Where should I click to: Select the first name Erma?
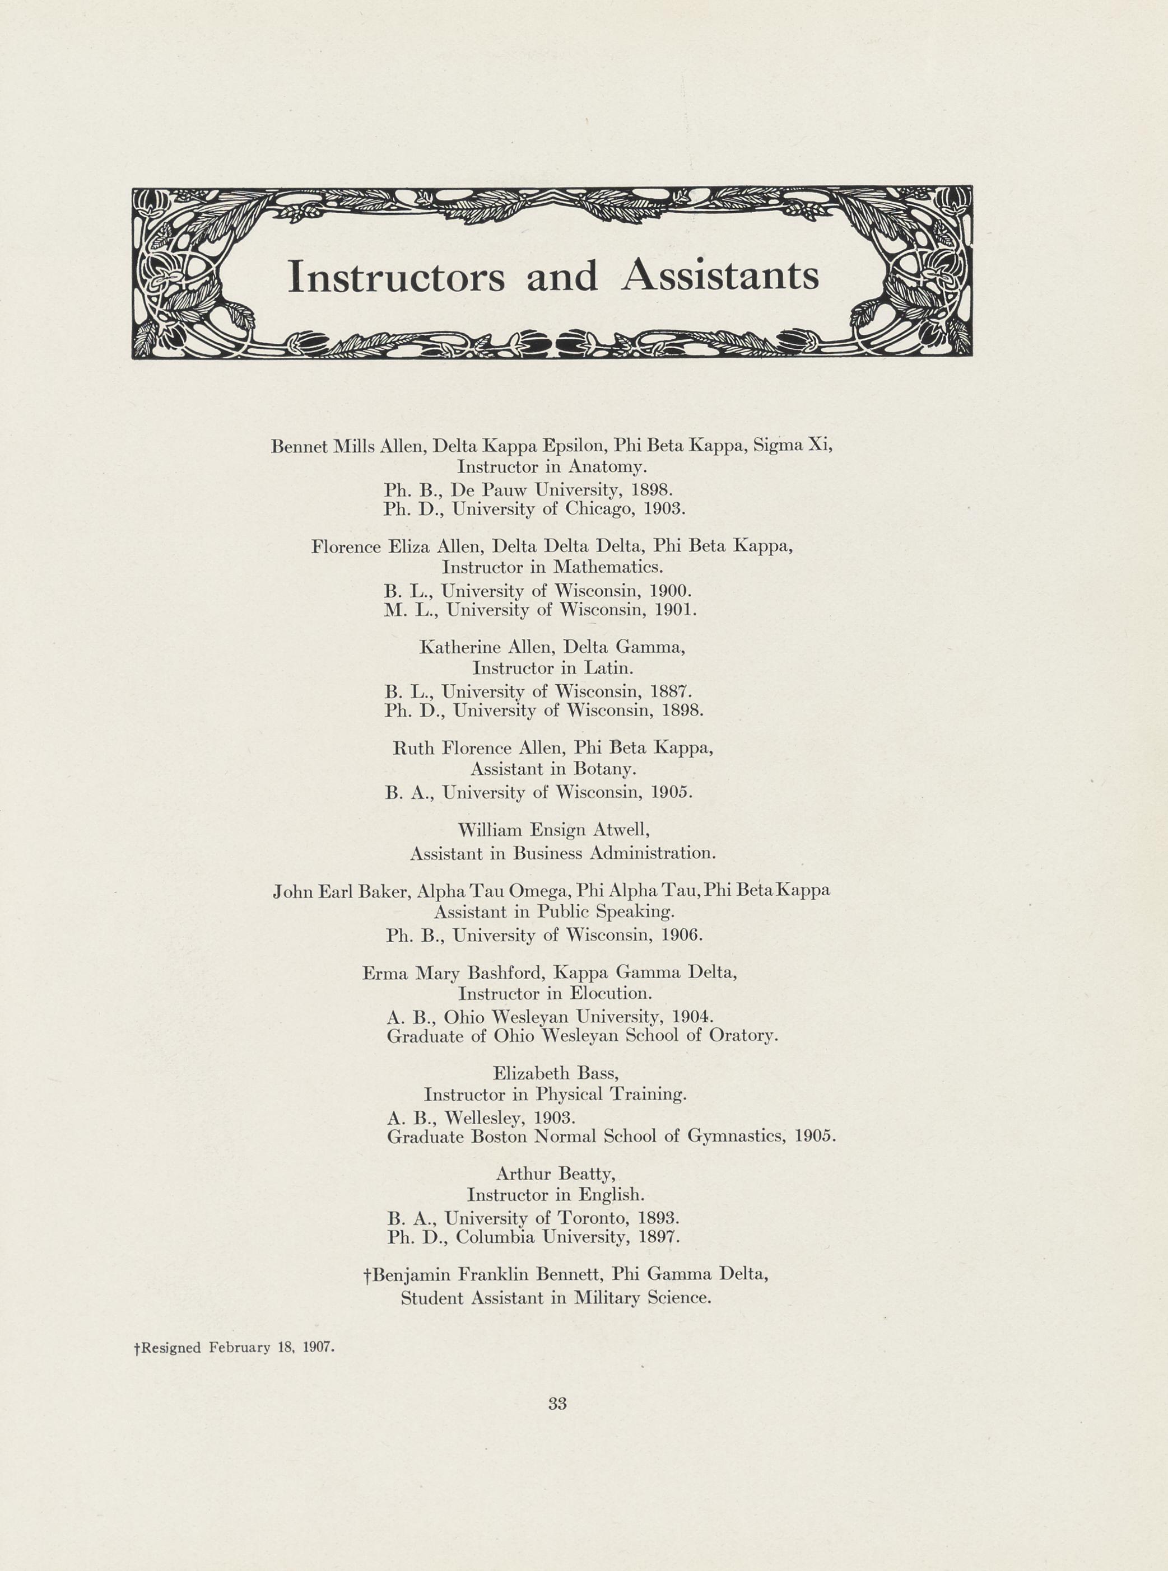coord(385,973)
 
